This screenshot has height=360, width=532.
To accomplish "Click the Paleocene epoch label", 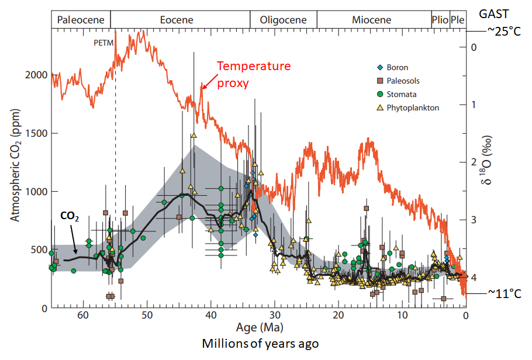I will (x=81, y=20).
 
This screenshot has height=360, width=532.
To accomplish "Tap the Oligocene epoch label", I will (x=284, y=20).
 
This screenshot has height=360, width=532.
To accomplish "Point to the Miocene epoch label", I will (x=372, y=20).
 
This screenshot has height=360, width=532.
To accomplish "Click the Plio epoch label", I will (x=440, y=20).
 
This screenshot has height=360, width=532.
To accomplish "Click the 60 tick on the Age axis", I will (x=83, y=316).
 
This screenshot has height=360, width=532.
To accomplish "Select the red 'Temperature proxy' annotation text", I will (x=253, y=74).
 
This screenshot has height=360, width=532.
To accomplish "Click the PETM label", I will (x=103, y=43).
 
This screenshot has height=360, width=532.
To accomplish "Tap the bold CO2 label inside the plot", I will (x=70, y=216).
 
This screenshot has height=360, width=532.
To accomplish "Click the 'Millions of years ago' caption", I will (x=260, y=344).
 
